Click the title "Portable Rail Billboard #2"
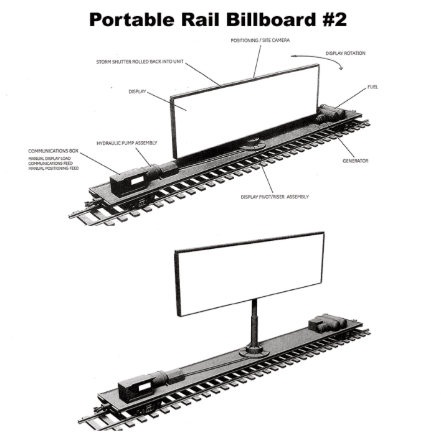(218, 20)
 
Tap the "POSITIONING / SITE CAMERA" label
(260, 40)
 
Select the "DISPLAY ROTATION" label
(345, 53)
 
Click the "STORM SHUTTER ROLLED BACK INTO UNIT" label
(140, 62)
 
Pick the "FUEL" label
(372, 87)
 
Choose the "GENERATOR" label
(356, 161)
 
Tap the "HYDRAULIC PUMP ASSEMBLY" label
(126, 143)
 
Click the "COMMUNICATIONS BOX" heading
(53, 151)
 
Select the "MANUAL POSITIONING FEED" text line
(53, 168)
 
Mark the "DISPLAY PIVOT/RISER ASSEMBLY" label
(275, 197)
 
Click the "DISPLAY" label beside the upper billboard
(137, 91)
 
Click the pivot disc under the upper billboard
(252, 144)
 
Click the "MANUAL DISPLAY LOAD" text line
(49, 158)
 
